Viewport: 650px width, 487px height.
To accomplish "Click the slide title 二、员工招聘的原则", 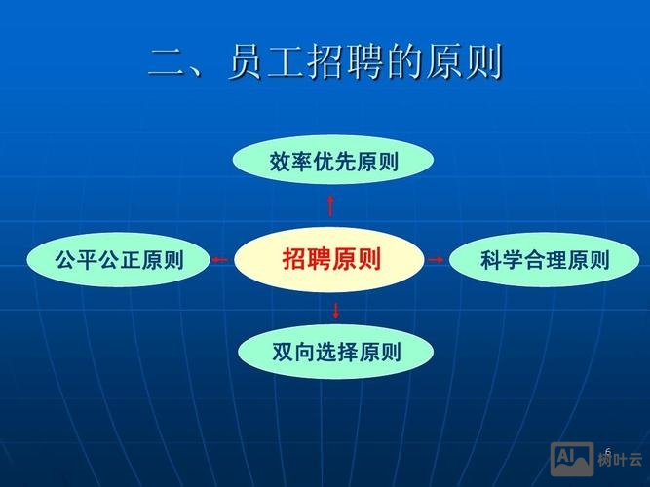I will tap(325, 62).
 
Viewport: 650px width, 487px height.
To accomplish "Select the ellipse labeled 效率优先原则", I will tap(333, 162).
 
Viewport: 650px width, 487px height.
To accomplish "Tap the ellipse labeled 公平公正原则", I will tap(118, 259).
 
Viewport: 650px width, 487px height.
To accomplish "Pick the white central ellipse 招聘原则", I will tap(331, 260).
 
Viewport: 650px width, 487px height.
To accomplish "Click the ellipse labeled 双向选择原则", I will tap(335, 352).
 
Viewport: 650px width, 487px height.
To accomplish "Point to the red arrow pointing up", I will tap(330, 205).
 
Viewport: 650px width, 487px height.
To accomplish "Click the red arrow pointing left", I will tap(220, 259).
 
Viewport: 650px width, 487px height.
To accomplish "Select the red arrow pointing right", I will tap(436, 259).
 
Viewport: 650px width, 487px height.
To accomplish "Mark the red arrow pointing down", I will tap(336, 311).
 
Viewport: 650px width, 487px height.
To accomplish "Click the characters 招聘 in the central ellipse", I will tap(306, 260).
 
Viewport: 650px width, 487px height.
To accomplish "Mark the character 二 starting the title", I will tap(167, 63).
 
